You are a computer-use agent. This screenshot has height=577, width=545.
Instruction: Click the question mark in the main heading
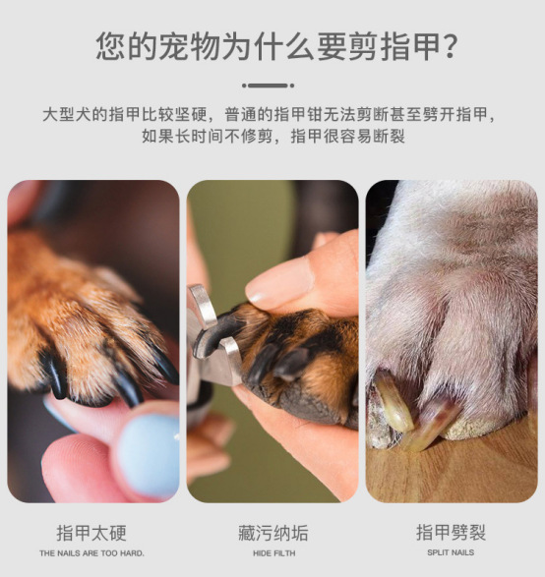[x=450, y=47]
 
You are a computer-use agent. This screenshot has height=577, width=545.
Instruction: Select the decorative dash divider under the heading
[x=269, y=86]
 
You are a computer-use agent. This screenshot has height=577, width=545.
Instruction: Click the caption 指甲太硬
[x=91, y=533]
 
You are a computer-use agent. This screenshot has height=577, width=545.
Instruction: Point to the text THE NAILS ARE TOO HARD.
[x=91, y=553]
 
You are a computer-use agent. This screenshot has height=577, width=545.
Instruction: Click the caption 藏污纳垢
[x=272, y=533]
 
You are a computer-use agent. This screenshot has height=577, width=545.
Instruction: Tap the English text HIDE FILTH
[x=273, y=553]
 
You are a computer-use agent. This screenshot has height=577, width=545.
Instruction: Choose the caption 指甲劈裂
[x=452, y=533]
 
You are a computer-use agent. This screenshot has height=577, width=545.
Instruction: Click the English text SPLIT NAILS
[x=451, y=552]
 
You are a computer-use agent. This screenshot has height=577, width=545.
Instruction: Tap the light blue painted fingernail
[x=150, y=454]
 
